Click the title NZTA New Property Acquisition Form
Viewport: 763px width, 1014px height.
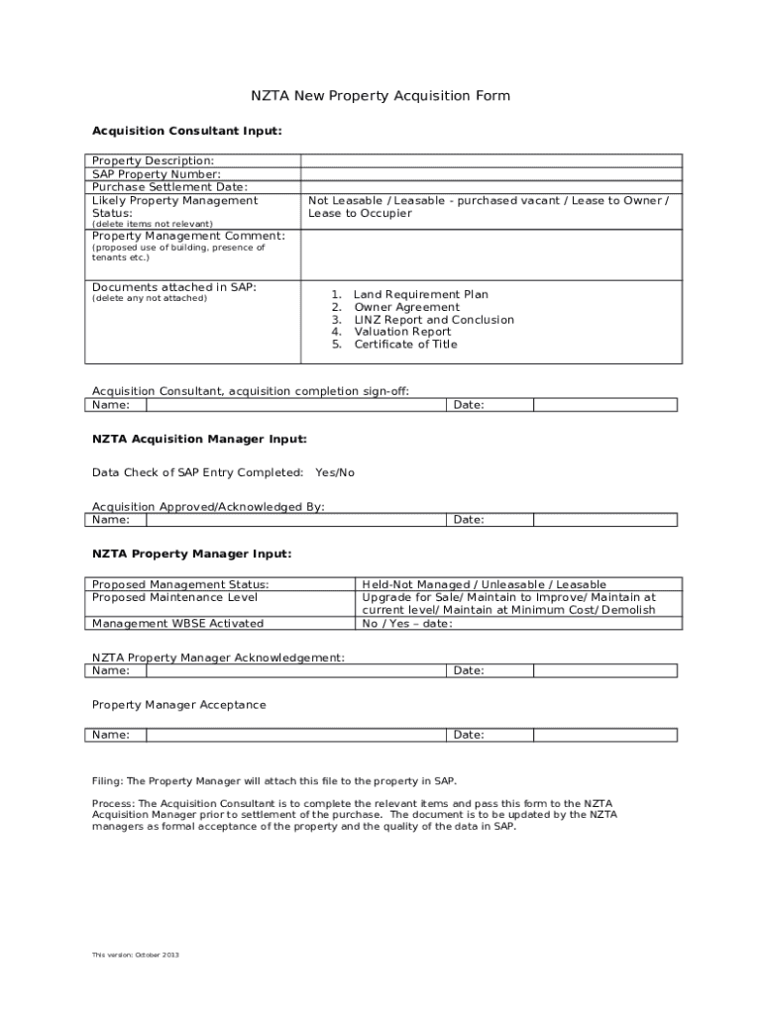tap(380, 96)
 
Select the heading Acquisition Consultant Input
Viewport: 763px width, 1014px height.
tap(186, 131)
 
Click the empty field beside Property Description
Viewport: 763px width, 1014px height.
tap(490, 160)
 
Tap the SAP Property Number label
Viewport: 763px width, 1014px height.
tap(157, 174)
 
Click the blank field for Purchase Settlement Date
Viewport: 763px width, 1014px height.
tap(490, 187)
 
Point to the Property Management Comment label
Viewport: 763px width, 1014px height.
tap(188, 236)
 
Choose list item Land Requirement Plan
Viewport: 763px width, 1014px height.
tap(420, 295)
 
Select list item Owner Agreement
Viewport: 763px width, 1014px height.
tap(406, 308)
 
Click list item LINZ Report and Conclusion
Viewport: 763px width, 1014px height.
tap(434, 320)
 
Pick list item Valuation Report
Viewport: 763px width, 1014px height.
tap(402, 333)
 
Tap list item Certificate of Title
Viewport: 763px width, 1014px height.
tap(405, 345)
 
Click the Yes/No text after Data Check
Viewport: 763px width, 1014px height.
tap(334, 473)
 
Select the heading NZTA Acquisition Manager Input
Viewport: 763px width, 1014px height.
tap(199, 439)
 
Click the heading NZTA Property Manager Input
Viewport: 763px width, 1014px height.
tap(191, 555)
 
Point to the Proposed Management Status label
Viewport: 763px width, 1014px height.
tap(180, 585)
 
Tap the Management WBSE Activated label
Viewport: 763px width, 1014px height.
tap(177, 624)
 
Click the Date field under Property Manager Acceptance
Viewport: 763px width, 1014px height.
tap(604, 736)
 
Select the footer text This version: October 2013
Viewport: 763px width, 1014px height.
tap(136, 955)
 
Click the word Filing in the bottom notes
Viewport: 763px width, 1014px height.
tap(107, 780)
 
